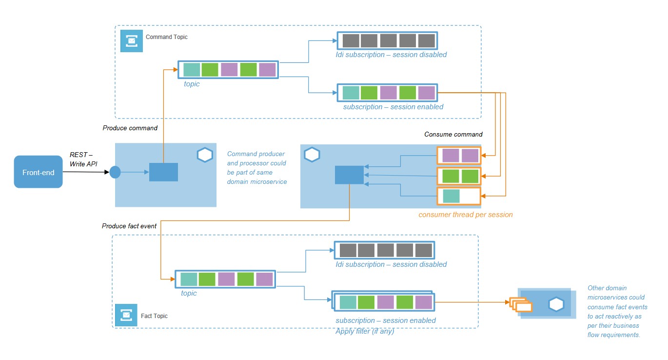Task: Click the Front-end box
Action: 38,172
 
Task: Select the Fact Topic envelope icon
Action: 126,315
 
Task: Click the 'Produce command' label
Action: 130,128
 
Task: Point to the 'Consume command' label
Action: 453,134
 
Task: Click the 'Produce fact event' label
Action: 129,226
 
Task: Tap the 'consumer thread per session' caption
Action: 466,214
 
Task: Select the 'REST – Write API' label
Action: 83,160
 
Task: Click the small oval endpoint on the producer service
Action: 115,172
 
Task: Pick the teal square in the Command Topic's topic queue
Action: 192,70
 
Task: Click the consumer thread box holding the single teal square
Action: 459,196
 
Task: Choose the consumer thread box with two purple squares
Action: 459,156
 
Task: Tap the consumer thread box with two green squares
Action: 459,176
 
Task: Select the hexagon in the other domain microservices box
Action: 556,304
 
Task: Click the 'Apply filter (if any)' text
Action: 365,332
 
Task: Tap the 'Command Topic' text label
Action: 166,37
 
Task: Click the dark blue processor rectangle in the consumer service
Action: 349,175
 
